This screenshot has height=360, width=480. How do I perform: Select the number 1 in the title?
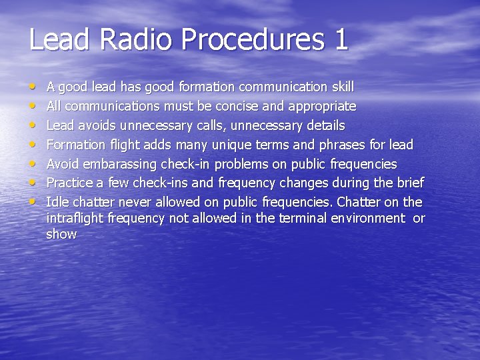(340, 39)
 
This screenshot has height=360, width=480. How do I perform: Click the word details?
(322, 126)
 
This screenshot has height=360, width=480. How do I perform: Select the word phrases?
(343, 145)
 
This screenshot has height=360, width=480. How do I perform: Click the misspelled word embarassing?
(120, 164)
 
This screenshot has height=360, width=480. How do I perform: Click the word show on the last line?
(61, 234)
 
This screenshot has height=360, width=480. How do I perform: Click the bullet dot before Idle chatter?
(34, 201)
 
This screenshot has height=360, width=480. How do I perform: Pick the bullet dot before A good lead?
(34, 87)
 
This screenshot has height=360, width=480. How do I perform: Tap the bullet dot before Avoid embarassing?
(34, 163)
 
